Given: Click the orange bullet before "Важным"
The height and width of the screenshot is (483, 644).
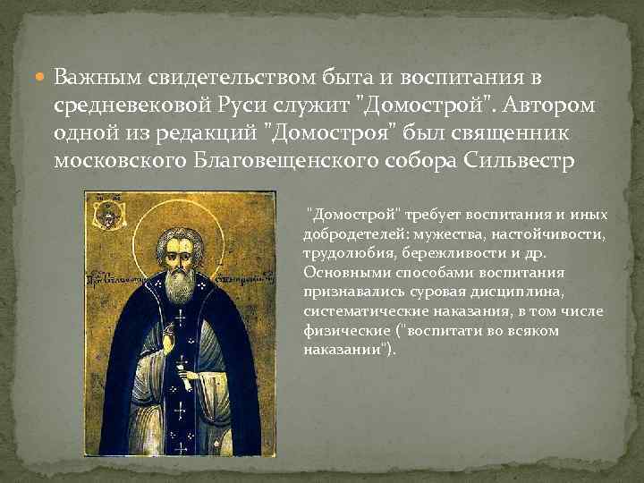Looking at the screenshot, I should [x=42, y=79].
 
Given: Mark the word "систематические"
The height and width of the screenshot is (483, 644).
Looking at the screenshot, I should [x=355, y=311].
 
